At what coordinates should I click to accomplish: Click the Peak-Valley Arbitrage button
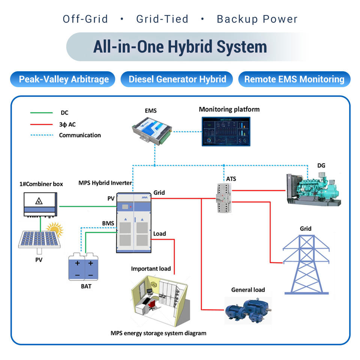[x=63, y=79]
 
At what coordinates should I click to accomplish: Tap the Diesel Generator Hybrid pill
[x=177, y=79]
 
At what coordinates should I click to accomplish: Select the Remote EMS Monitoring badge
[x=294, y=79]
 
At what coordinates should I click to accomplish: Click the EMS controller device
[x=152, y=130]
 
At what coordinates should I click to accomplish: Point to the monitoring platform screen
[x=226, y=132]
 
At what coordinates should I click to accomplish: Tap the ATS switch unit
[x=223, y=198]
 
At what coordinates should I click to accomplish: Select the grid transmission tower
[x=306, y=264]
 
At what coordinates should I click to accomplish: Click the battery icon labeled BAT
[x=83, y=267]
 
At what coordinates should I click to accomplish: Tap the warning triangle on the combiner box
[x=39, y=201]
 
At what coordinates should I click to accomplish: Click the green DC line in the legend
[x=42, y=113]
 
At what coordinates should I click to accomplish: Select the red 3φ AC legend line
[x=42, y=124]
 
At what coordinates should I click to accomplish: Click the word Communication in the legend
[x=80, y=135]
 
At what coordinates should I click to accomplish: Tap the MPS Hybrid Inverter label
[x=105, y=183]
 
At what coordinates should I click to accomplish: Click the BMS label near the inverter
[x=108, y=223]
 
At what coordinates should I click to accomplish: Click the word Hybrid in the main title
[x=190, y=47]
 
